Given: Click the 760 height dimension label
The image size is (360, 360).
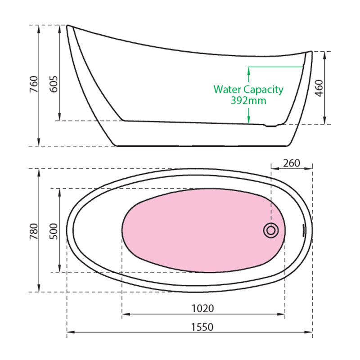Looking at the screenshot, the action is click(34, 84).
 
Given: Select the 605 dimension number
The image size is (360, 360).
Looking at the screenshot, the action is click(54, 84).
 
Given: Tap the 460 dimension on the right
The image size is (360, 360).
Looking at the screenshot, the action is click(319, 88).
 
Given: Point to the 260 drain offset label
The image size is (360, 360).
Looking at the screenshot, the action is click(292, 163).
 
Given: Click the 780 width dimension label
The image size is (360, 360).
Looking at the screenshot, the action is click(34, 231).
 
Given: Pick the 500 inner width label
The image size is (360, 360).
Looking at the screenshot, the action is click(54, 231).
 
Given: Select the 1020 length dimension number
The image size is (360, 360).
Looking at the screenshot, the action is click(203, 308).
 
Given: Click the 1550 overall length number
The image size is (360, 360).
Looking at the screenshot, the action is click(202, 327).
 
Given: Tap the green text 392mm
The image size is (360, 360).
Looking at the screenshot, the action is click(248, 100).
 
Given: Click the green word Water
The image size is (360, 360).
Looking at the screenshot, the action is click(227, 89).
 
